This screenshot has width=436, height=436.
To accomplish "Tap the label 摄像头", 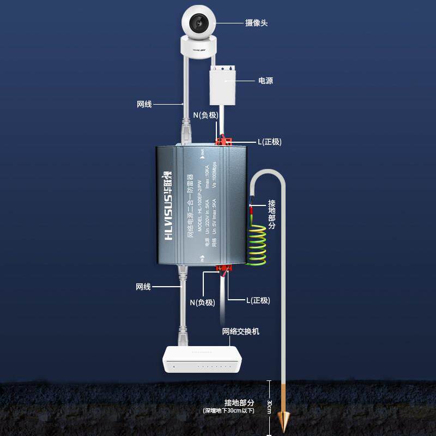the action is (256, 23).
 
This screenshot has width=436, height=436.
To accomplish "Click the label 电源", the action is (265, 81).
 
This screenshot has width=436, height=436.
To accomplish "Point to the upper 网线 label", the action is (144, 104).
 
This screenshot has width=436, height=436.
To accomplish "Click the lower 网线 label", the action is (143, 287).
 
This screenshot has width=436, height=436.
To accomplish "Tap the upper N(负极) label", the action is (206, 116).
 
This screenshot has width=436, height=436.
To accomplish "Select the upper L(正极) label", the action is (269, 142).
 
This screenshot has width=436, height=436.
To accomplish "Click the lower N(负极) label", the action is (202, 302).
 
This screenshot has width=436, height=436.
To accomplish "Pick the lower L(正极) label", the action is (258, 300).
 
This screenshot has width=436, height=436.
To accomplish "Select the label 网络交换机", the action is (241, 331).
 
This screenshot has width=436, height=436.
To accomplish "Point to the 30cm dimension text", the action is (269, 407).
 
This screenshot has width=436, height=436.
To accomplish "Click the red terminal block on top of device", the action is (223, 142).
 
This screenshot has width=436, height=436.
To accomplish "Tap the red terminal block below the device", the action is (224, 269).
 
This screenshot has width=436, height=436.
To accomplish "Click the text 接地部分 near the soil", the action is (239, 402).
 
